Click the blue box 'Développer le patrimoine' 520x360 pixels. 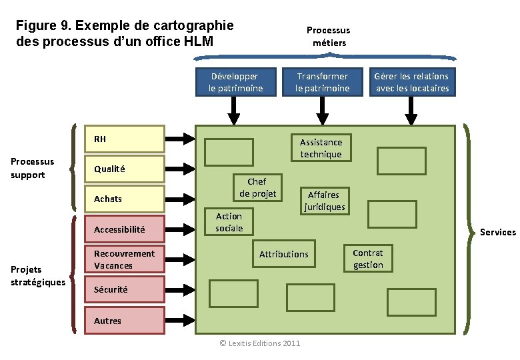pyautogui.click(x=236, y=82)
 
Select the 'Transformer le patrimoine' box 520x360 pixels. pyautogui.click(x=323, y=82)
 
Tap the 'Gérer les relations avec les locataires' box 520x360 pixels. pyautogui.click(x=412, y=82)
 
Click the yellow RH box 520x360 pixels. pyautogui.click(x=125, y=139)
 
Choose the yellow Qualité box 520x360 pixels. pyautogui.click(x=125, y=169)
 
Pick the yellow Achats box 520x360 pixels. pyautogui.click(x=125, y=199)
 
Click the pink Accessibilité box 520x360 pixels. pyautogui.click(x=125, y=229)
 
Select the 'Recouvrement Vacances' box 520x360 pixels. pyautogui.click(x=125, y=259)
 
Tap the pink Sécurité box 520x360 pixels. pyautogui.click(x=125, y=289)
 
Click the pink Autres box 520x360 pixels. pyautogui.click(x=125, y=320)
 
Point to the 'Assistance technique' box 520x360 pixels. pyautogui.click(x=321, y=148)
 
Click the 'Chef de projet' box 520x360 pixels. pyautogui.click(x=257, y=187)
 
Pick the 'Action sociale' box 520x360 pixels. pyautogui.click(x=229, y=222)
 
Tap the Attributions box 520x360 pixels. pyautogui.click(x=284, y=254)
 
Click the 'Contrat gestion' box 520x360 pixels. pyautogui.click(x=368, y=259)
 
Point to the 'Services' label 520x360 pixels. pyautogui.click(x=498, y=232)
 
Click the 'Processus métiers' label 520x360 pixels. pyautogui.click(x=328, y=36)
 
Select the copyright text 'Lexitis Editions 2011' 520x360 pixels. pyautogui.click(x=260, y=343)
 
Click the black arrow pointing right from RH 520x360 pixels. pyautogui.click(x=179, y=139)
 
